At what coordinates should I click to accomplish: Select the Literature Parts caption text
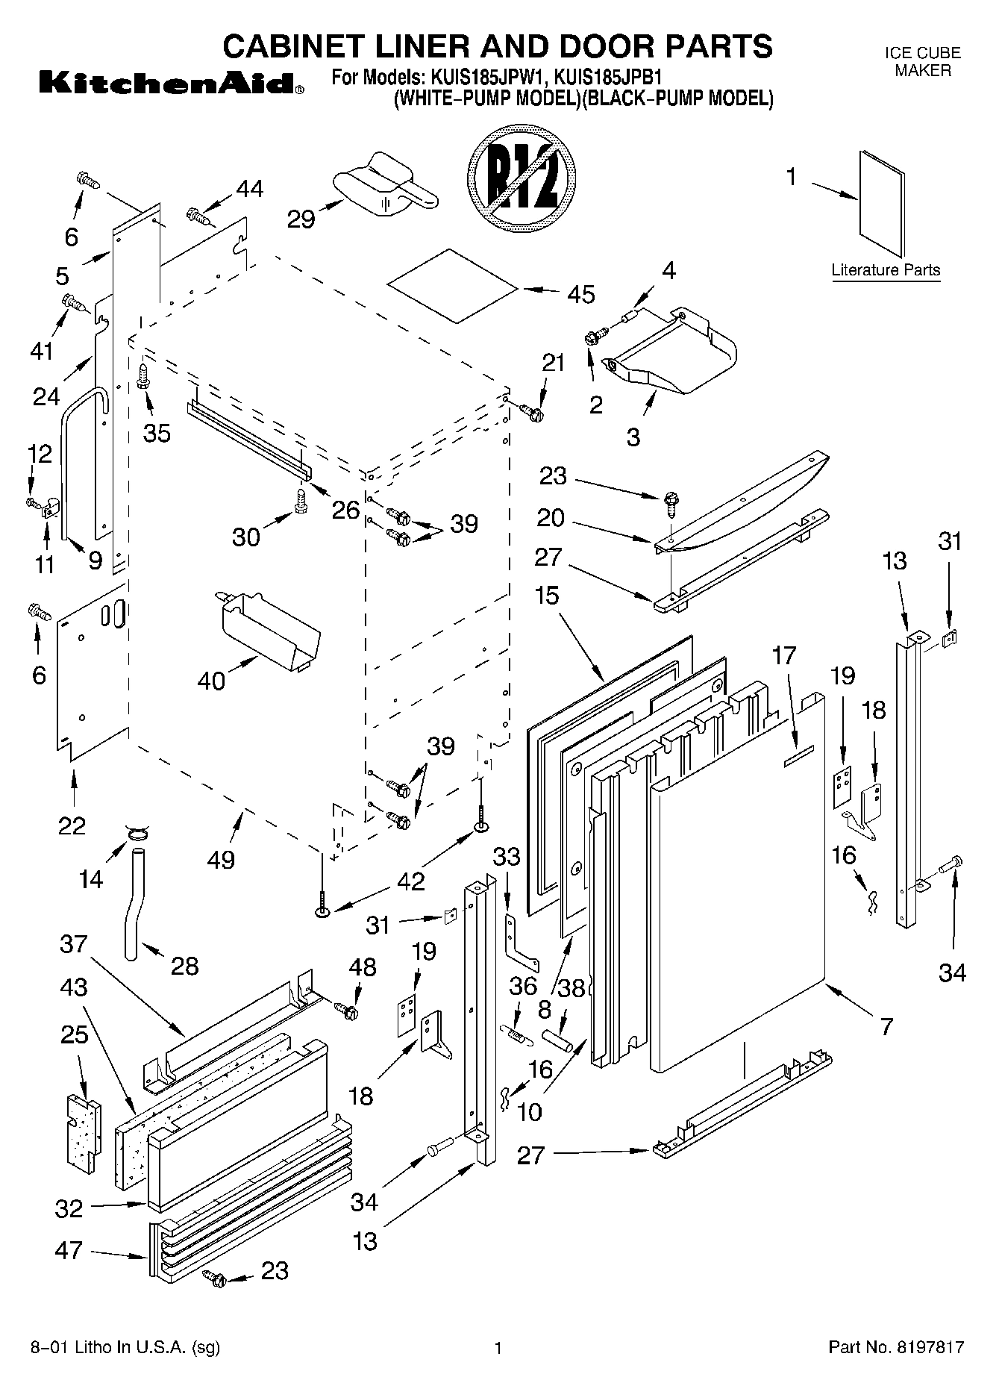(x=886, y=270)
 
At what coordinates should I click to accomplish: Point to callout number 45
(x=580, y=294)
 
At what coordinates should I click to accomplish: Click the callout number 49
(x=222, y=859)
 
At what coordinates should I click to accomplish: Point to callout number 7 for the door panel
(x=886, y=1027)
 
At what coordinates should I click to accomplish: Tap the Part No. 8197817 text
(x=896, y=1347)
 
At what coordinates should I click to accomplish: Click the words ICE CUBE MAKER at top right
(x=922, y=62)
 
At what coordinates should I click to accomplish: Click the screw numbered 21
(x=533, y=410)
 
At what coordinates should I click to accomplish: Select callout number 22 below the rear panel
(x=72, y=825)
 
